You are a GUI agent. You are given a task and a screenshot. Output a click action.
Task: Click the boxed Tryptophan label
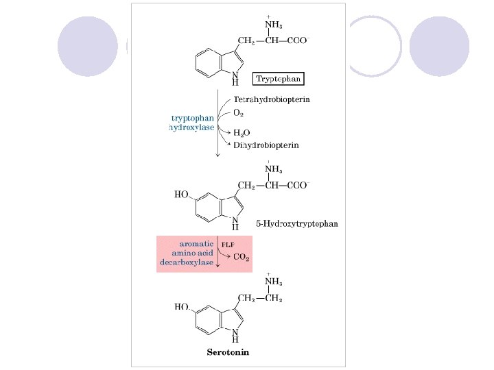(x=278, y=79)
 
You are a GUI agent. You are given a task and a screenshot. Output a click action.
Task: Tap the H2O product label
(x=242, y=132)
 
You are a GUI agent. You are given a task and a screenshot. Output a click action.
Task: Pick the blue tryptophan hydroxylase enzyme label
(x=191, y=122)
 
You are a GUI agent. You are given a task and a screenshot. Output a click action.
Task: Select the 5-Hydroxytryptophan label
(x=296, y=223)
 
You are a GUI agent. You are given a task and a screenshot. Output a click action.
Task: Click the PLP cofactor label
(x=227, y=243)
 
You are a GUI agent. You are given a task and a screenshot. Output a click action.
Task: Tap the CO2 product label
(x=242, y=258)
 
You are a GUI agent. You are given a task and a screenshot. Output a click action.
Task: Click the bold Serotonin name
(x=228, y=353)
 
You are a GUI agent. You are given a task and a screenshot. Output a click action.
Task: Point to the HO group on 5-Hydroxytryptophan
(x=182, y=195)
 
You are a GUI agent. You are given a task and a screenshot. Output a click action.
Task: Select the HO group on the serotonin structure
(x=182, y=308)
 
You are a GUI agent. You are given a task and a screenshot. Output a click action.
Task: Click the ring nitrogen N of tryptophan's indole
(x=235, y=74)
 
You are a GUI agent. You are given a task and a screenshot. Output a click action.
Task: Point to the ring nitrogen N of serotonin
(x=235, y=331)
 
